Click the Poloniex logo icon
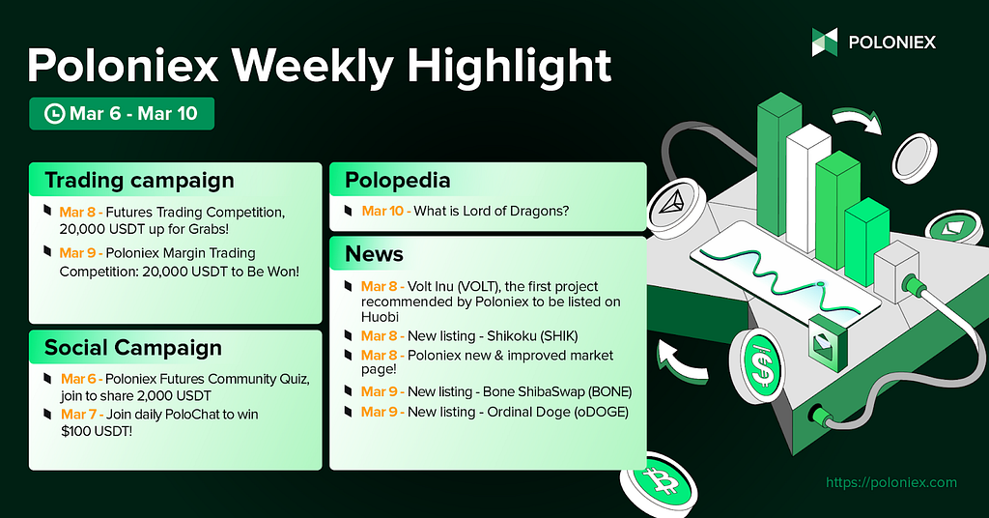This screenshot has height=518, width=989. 825,43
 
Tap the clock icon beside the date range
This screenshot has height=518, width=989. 55,114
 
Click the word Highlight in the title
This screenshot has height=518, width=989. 509,66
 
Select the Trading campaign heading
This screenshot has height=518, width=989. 139,181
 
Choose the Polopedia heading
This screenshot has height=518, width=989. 397,181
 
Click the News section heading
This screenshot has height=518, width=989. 374,253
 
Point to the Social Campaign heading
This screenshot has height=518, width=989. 133,348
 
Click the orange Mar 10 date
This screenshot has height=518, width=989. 382,211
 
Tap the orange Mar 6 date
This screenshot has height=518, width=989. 79,379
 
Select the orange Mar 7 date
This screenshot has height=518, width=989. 79,415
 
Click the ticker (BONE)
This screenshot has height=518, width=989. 610,391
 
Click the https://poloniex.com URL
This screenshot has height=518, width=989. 891,482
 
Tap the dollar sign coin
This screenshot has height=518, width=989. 760,365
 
